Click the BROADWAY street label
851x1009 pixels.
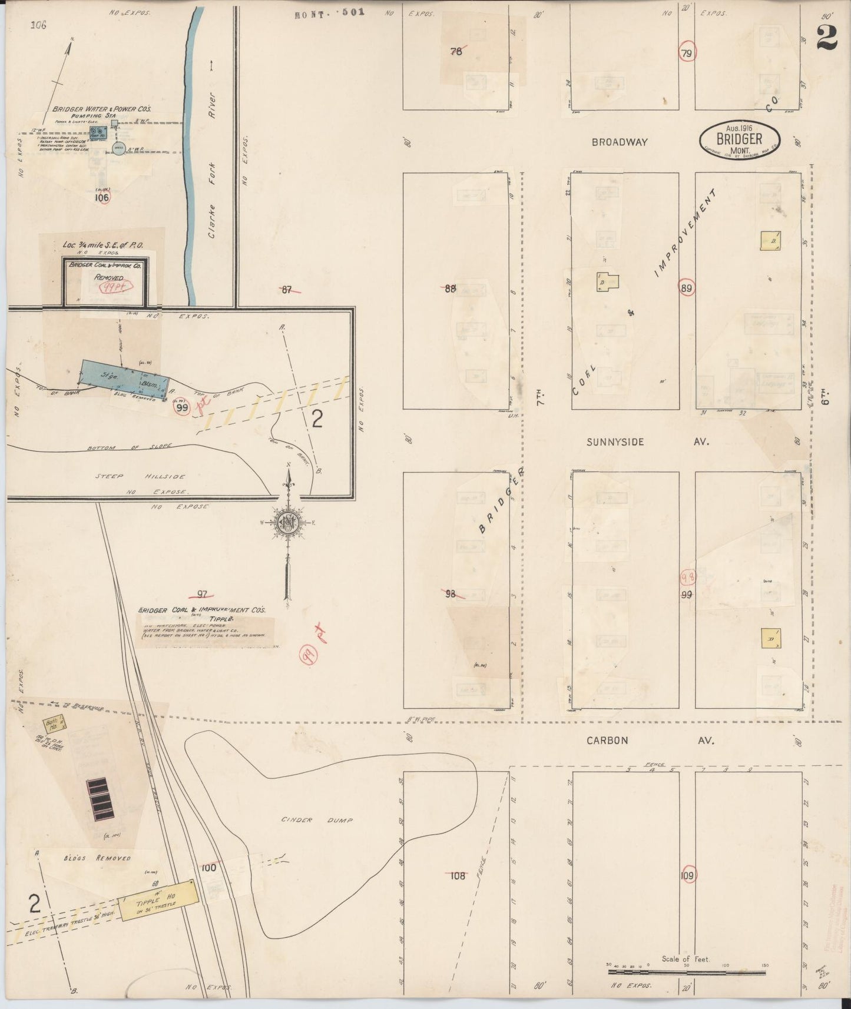[620, 142]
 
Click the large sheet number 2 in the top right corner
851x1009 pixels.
[827, 39]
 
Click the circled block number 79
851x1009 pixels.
[687, 52]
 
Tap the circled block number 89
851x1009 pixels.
[686, 288]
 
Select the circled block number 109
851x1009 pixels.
[687, 875]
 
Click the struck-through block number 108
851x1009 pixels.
[458, 875]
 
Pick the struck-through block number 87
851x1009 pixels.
[287, 289]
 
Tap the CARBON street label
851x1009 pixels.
[607, 741]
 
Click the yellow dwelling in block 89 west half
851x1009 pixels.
[605, 281]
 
